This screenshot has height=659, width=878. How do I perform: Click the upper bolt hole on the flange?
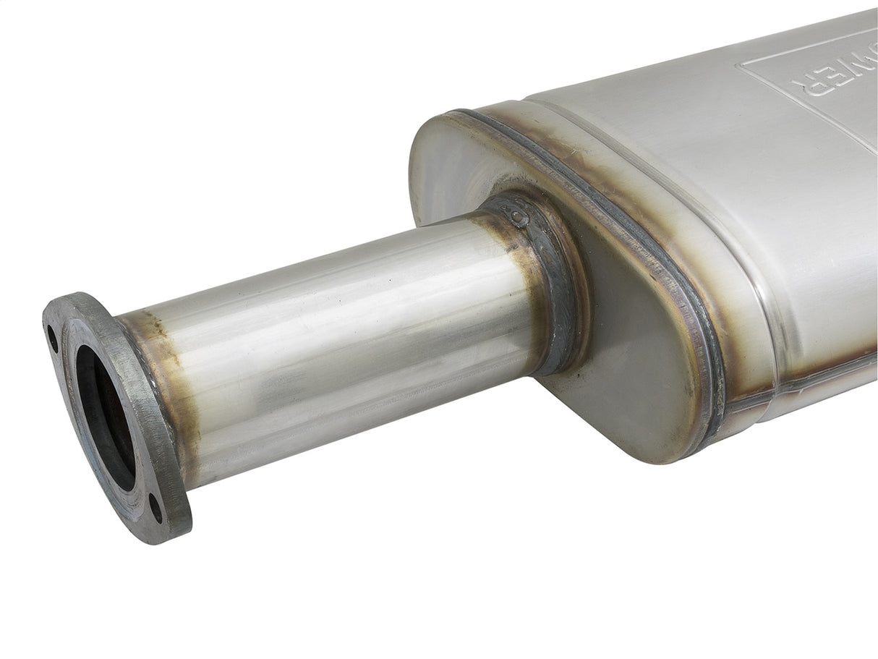53,338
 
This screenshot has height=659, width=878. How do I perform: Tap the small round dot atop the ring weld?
515,215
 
